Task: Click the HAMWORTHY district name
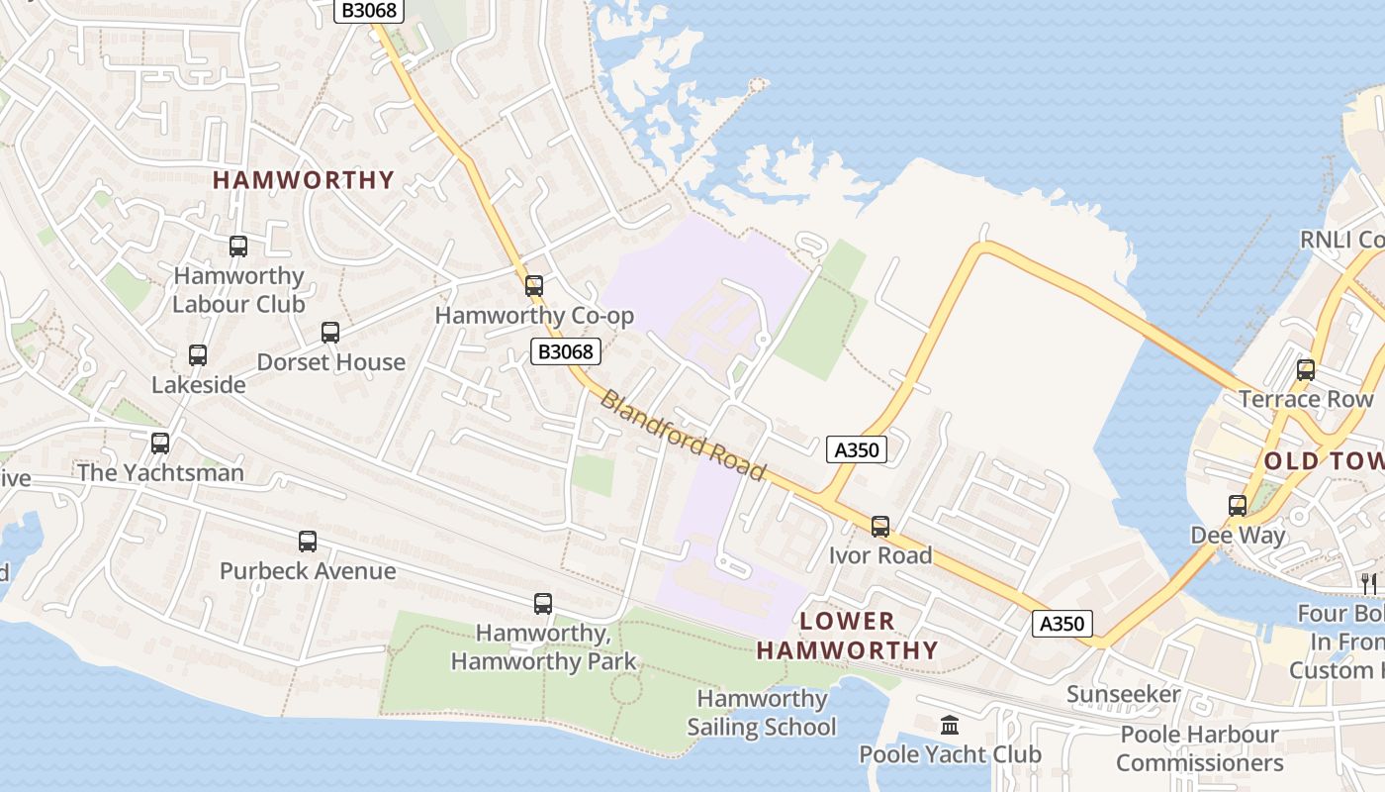[304, 180]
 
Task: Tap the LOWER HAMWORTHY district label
[848, 636]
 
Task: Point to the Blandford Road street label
[684, 436]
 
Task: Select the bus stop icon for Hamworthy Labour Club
[238, 247]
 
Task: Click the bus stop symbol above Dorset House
[330, 333]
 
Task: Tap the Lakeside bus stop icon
[198, 355]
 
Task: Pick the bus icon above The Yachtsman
[160, 444]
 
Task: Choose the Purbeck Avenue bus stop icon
[308, 542]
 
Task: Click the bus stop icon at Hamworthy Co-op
[534, 286]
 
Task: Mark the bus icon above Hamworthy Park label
[543, 604]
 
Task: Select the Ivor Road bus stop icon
[880, 527]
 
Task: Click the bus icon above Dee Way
[1238, 506]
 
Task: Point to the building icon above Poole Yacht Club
[950, 726]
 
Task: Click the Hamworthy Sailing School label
[762, 713]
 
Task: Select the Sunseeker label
[1124, 694]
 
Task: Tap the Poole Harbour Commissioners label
[1199, 748]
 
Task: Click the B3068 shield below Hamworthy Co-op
[566, 351]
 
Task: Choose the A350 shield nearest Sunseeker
[1063, 624]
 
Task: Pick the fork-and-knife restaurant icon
[1369, 583]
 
